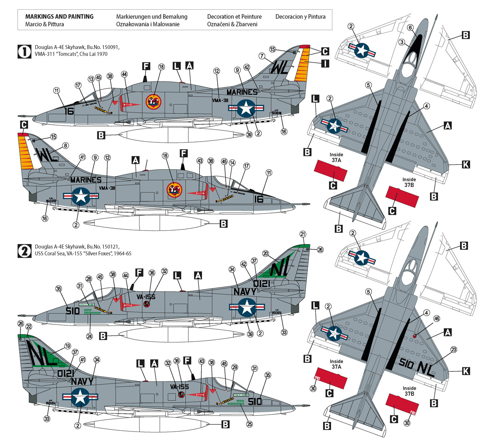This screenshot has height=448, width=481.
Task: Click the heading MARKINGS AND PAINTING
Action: (x=59, y=16)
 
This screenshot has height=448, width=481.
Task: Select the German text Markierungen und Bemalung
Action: (x=152, y=16)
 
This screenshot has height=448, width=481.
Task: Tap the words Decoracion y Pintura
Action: (x=300, y=16)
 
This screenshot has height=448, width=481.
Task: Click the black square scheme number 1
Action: (x=25, y=51)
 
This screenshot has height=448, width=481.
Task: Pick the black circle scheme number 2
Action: (x=25, y=251)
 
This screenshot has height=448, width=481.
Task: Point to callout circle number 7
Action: (x=262, y=56)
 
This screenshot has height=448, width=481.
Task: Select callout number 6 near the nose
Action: (x=410, y=28)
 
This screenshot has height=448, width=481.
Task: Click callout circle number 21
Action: (x=303, y=234)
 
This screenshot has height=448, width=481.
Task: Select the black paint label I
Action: (x=324, y=63)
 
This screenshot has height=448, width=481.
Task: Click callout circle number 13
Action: (x=91, y=79)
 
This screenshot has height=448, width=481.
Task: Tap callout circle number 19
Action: (x=67, y=346)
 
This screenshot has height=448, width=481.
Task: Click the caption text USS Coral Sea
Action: (x=50, y=253)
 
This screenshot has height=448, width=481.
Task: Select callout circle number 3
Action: (x=402, y=43)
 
